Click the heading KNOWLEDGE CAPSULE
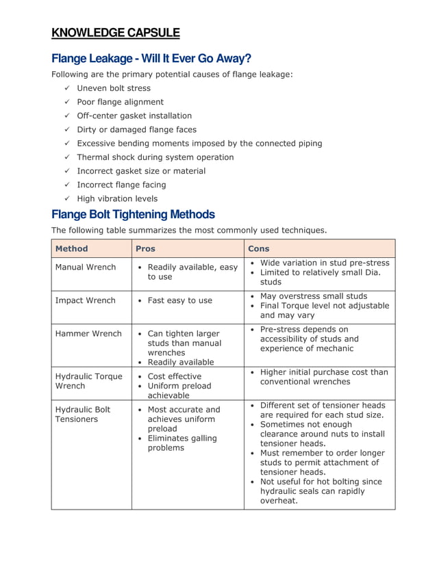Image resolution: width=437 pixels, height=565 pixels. [x=116, y=33]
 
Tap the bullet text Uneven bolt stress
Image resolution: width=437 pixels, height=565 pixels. [x=114, y=88]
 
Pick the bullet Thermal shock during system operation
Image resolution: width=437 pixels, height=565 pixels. [x=155, y=157]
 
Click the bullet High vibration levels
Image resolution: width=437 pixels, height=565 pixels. [x=117, y=198]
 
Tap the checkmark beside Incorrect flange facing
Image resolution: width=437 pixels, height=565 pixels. [x=67, y=185]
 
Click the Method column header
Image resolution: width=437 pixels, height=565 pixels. [x=71, y=248]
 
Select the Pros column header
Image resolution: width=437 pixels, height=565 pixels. [x=145, y=248]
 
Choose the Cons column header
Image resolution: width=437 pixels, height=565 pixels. [x=259, y=248]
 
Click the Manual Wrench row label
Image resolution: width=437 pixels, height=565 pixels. [x=86, y=267]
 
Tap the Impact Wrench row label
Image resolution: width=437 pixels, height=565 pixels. [x=85, y=300]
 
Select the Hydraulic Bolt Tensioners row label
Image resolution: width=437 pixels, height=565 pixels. [x=82, y=414]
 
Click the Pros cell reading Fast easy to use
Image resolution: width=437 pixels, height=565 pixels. [x=179, y=300]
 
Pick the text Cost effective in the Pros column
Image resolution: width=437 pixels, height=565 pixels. [x=175, y=376]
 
